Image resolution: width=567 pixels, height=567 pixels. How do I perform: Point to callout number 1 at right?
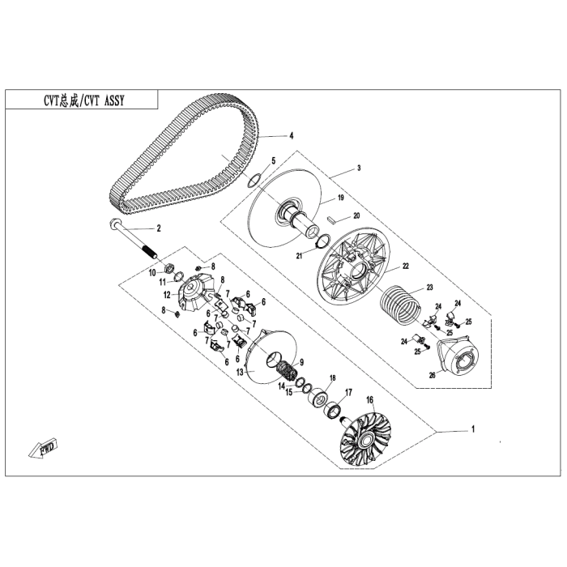(474, 428)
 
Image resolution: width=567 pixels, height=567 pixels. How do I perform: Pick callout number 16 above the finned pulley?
(369, 399)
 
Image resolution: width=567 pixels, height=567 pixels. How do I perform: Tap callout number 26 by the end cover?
(432, 375)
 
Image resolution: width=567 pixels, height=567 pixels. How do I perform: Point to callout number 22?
(406, 266)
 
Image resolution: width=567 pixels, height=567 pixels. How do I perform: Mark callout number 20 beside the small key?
(355, 216)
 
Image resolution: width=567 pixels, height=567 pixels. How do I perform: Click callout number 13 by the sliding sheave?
(240, 372)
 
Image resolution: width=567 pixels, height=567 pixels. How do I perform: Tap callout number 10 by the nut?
(151, 273)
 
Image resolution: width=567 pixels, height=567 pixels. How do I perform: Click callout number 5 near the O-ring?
(274, 161)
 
